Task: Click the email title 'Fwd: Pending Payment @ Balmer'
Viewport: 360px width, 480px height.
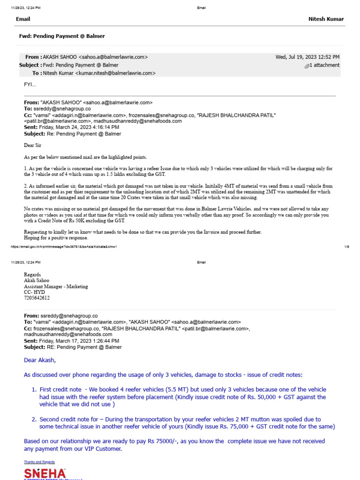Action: [61, 36]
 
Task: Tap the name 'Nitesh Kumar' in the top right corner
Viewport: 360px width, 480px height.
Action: [326, 19]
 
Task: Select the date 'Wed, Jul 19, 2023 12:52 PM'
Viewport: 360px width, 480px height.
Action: [307, 57]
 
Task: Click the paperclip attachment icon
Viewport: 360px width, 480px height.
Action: [307, 66]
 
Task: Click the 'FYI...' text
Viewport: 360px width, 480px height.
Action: [30, 84]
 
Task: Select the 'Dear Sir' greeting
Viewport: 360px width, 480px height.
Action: [32, 145]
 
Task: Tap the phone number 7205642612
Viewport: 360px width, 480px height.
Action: [37, 298]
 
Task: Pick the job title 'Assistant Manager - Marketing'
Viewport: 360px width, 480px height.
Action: [56, 286]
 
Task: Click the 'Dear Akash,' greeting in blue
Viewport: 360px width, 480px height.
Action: [40, 360]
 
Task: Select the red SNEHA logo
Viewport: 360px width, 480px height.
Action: [45, 473]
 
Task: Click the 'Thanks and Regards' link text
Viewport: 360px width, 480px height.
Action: [37, 462]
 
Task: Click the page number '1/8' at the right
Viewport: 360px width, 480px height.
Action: [346, 247]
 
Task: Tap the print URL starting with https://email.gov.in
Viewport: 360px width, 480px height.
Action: [63, 247]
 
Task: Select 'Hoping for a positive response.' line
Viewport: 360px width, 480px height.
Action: [56, 238]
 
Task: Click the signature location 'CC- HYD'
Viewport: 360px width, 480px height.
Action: [34, 292]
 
